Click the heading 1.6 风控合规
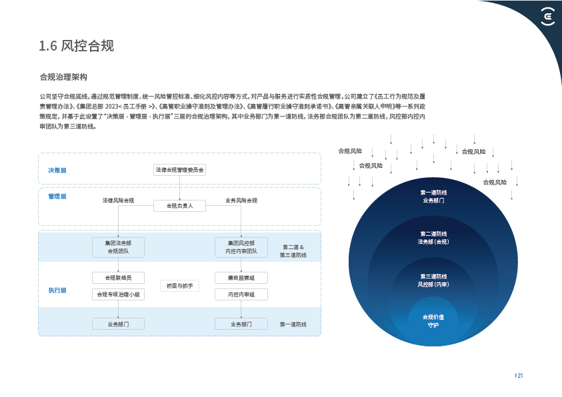coord(77,46)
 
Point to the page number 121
coord(519,376)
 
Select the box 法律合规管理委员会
coord(179,170)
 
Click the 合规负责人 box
coord(179,206)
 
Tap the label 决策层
coord(57,171)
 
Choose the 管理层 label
coord(57,197)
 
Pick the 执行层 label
coord(57,290)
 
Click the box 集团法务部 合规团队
coord(119,247)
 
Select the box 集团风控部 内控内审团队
coord(241,247)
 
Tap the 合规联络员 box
coord(118,277)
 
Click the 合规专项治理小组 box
coord(118,294)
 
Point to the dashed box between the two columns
coord(179,286)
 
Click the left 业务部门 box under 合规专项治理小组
coord(118,324)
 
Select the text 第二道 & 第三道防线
coord(293,251)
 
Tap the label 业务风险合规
coord(241,200)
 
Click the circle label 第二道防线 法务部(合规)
coord(433,238)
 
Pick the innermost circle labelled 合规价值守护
coord(433,320)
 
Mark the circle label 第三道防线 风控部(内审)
coord(433,280)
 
